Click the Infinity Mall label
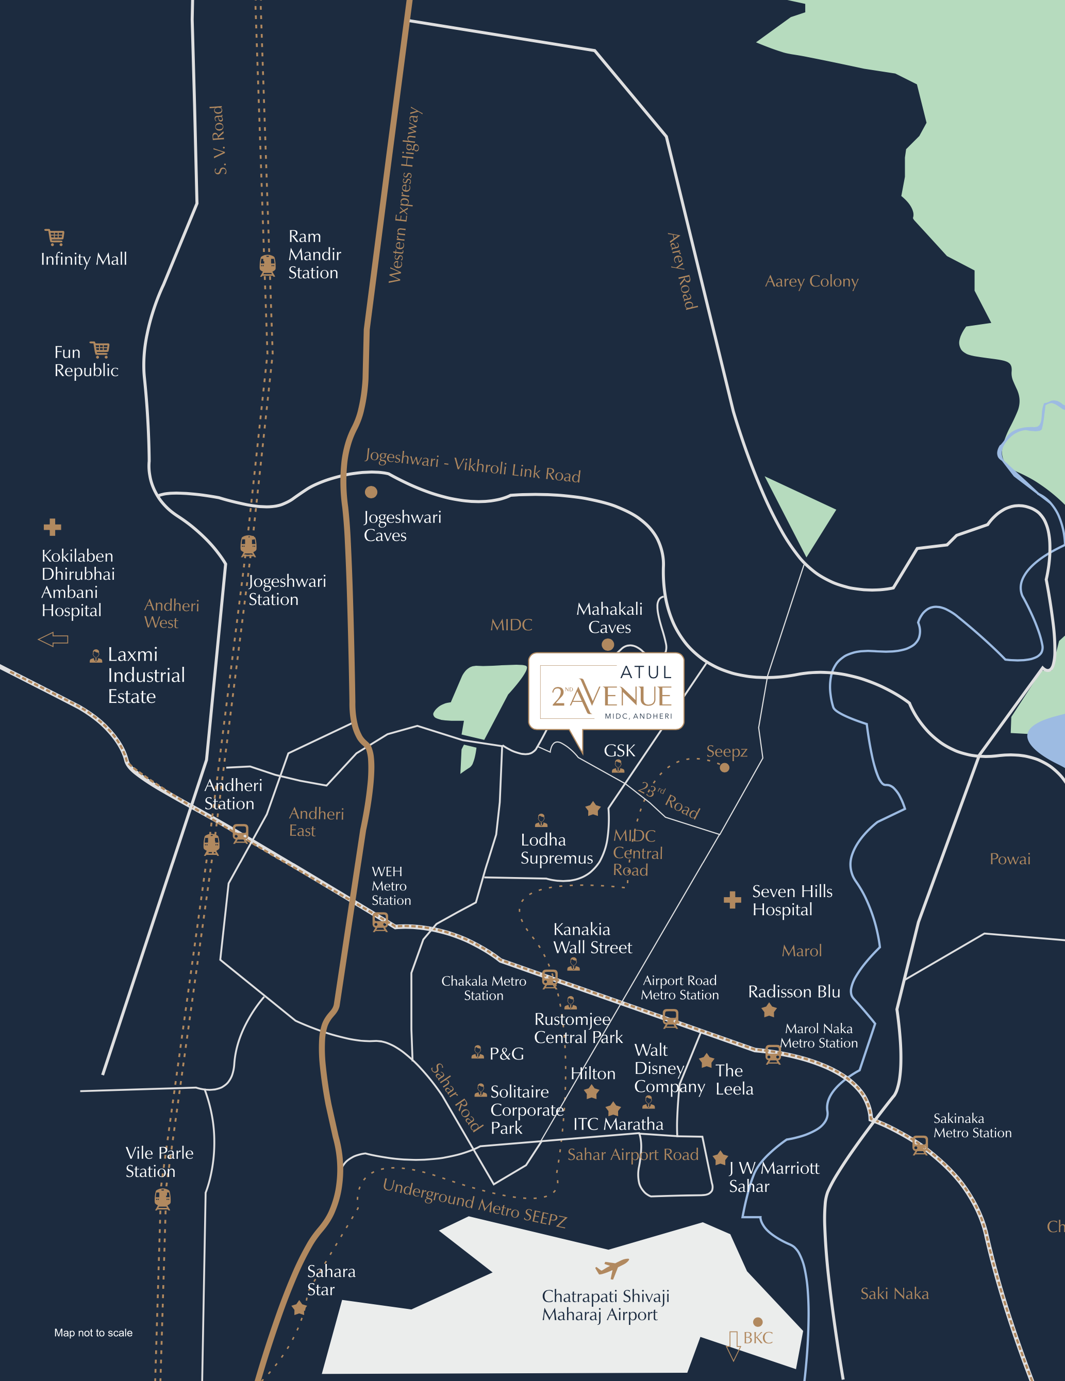84,259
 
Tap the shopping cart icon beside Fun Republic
100,350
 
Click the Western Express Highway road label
405,195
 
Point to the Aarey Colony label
811,281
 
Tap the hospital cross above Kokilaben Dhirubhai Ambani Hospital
53,527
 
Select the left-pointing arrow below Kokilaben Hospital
53,639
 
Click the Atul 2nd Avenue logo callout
606,692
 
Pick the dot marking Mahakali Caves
608,644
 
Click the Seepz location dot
725,768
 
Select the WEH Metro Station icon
380,922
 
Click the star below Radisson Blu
769,1011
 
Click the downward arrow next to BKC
734,1345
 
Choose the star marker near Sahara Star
299,1308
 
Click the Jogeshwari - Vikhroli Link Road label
472,466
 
